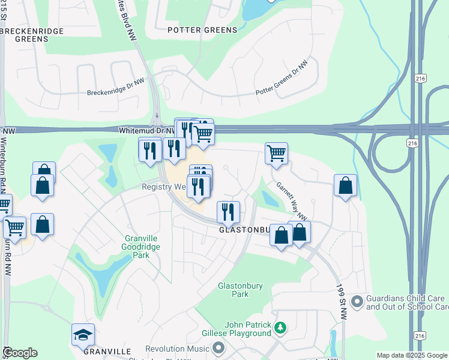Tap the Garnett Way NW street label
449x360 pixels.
point(292,200)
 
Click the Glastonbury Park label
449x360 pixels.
point(240,290)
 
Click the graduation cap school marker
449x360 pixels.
point(83,335)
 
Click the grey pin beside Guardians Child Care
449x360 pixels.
point(357,300)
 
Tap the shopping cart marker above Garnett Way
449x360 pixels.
point(276,154)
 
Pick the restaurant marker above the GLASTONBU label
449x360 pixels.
point(229,211)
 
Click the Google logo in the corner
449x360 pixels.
point(20,353)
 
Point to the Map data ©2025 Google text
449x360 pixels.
point(412,355)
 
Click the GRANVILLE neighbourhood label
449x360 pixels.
point(107,351)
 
